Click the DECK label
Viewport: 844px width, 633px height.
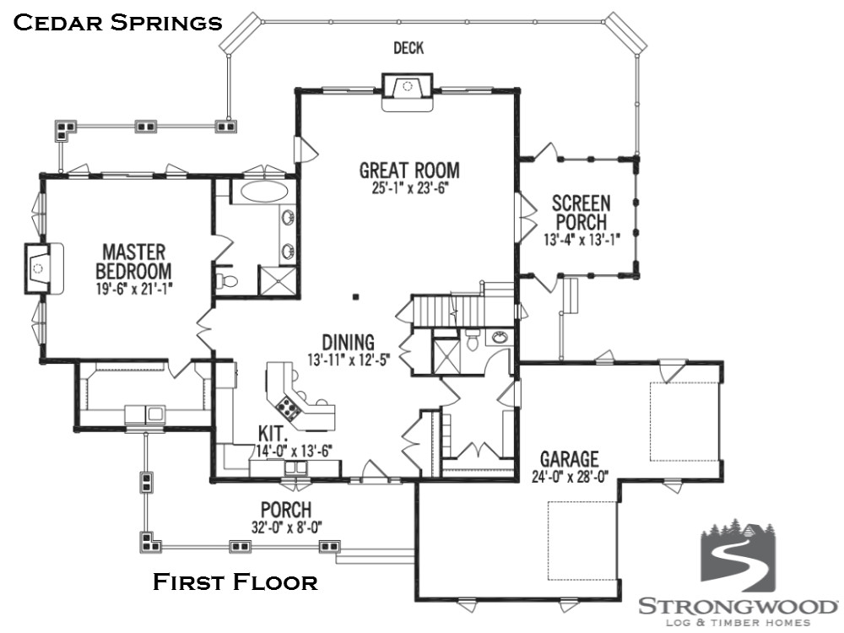[x=408, y=48]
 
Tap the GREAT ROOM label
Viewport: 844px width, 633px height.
[x=409, y=170]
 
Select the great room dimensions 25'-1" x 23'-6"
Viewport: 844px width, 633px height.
[x=409, y=188]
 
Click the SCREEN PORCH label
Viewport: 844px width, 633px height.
[x=582, y=213]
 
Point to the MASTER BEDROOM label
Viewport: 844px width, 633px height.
[x=133, y=261]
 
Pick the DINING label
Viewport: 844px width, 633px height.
[x=348, y=343]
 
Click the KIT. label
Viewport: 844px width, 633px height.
[x=272, y=433]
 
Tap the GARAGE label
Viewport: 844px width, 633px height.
[x=570, y=459]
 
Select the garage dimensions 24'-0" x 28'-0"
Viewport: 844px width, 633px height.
[x=570, y=477]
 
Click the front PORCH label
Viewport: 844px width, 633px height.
[x=286, y=509]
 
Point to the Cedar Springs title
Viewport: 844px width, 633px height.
[x=117, y=23]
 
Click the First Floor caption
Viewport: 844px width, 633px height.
[x=235, y=582]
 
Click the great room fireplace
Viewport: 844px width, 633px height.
[x=408, y=92]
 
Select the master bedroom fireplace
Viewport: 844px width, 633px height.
[x=44, y=268]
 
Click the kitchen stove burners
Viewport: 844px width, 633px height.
[x=288, y=408]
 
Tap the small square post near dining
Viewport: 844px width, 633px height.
[x=355, y=296]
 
